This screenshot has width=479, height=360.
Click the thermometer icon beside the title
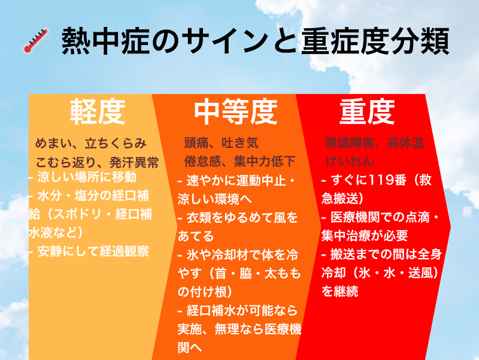pyautogui.click(x=36, y=41)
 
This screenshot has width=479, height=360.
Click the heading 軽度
pyautogui.click(x=98, y=111)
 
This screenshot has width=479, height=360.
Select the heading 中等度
pyautogui.click(x=235, y=111)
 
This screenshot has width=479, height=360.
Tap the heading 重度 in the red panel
pyautogui.click(x=367, y=111)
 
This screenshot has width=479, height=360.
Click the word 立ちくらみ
pyautogui.click(x=116, y=143)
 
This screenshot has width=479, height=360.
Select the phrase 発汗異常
pyautogui.click(x=134, y=162)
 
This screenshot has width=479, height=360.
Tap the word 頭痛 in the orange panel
pyautogui.click(x=196, y=143)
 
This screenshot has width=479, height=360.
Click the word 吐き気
pyautogui.click(x=240, y=143)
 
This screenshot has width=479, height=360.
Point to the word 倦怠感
pyautogui.click(x=202, y=161)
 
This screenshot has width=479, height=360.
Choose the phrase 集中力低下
pyautogui.click(x=265, y=161)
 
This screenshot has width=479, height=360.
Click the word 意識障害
pyautogui.click(x=350, y=143)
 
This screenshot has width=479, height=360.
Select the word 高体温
pyautogui.click(x=405, y=143)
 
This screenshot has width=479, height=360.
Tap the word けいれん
pyautogui.click(x=350, y=161)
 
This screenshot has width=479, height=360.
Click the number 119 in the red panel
pyautogui.click(x=379, y=180)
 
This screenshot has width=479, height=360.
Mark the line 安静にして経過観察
pyautogui.click(x=89, y=251)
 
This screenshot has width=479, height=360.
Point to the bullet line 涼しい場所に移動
pyautogui.click(x=83, y=177)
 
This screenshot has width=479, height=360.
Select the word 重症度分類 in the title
pyautogui.click(x=375, y=41)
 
